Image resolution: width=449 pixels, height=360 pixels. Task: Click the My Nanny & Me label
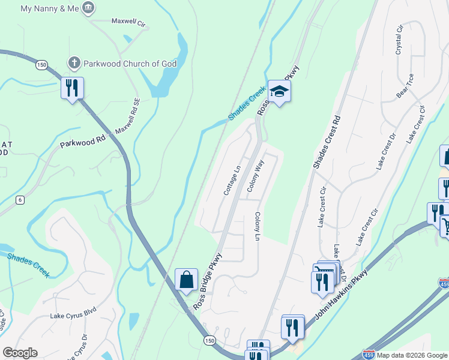tap(49, 9)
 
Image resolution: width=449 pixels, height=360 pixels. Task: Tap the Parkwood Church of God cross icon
tap(74, 62)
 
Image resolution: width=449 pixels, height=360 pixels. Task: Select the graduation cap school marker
tap(279, 91)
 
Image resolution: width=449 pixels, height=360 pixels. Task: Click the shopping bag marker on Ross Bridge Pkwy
tap(186, 280)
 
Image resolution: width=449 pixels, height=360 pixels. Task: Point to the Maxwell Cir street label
tap(128, 22)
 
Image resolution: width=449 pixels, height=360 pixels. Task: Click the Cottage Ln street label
tap(232, 180)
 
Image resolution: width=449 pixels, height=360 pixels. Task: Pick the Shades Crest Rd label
tap(326, 142)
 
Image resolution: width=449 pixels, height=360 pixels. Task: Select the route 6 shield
tap(20, 200)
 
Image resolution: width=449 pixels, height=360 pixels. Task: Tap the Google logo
tap(20, 353)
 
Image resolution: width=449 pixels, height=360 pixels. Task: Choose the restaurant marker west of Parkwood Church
tap(72, 89)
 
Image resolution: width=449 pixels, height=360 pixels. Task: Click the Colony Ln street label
tap(257, 227)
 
